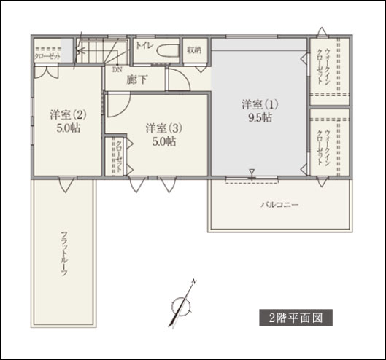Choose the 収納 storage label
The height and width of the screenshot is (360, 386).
[x=193, y=50]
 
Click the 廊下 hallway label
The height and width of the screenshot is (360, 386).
[x=136, y=80]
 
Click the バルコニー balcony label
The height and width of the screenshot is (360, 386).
[x=279, y=205]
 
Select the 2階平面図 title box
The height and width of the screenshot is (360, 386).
[x=296, y=318]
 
